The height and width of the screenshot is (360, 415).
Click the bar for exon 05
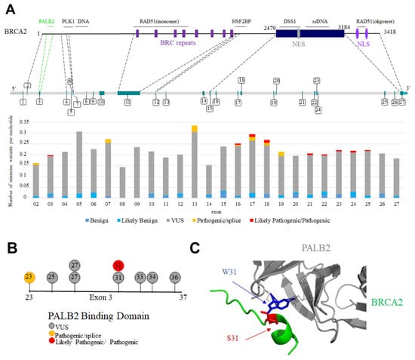point(79,165)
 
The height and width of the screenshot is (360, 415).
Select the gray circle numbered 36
point(175,277)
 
